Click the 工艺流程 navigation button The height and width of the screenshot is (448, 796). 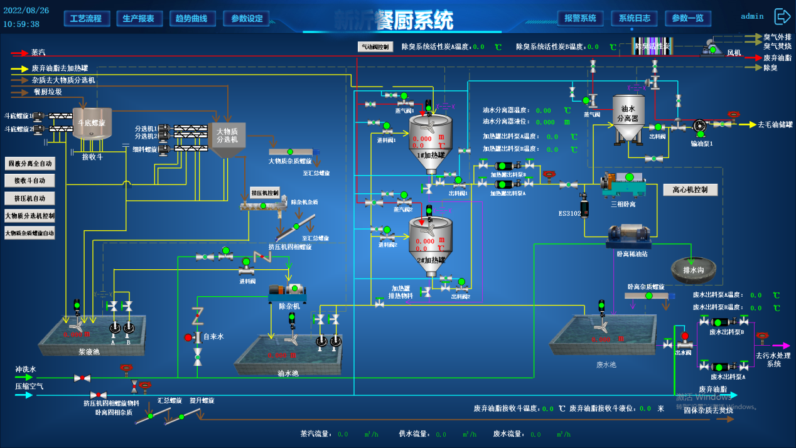pyautogui.click(x=87, y=18)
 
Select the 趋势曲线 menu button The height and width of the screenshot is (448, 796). pyautogui.click(x=192, y=18)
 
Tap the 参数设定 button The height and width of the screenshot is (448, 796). pyautogui.click(x=247, y=18)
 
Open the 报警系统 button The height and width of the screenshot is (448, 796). pyautogui.click(x=580, y=18)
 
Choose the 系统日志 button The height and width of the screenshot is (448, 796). pyautogui.click(x=634, y=18)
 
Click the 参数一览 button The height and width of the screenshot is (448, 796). pyautogui.click(x=688, y=18)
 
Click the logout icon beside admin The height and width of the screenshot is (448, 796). pyautogui.click(x=782, y=16)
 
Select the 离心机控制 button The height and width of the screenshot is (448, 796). pyautogui.click(x=690, y=189)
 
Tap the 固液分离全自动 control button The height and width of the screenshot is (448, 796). pyautogui.click(x=30, y=164)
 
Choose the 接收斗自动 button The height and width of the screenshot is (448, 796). pyautogui.click(x=30, y=181)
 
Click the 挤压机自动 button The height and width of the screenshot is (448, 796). pyautogui.click(x=30, y=198)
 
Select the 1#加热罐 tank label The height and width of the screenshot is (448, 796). pyautogui.click(x=431, y=154)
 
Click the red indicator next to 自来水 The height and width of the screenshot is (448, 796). pyautogui.click(x=188, y=338)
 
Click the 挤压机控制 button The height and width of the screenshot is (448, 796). pyautogui.click(x=264, y=193)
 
